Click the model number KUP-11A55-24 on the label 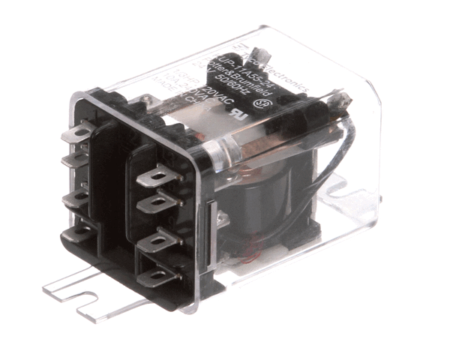238,63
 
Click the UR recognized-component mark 238,120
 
